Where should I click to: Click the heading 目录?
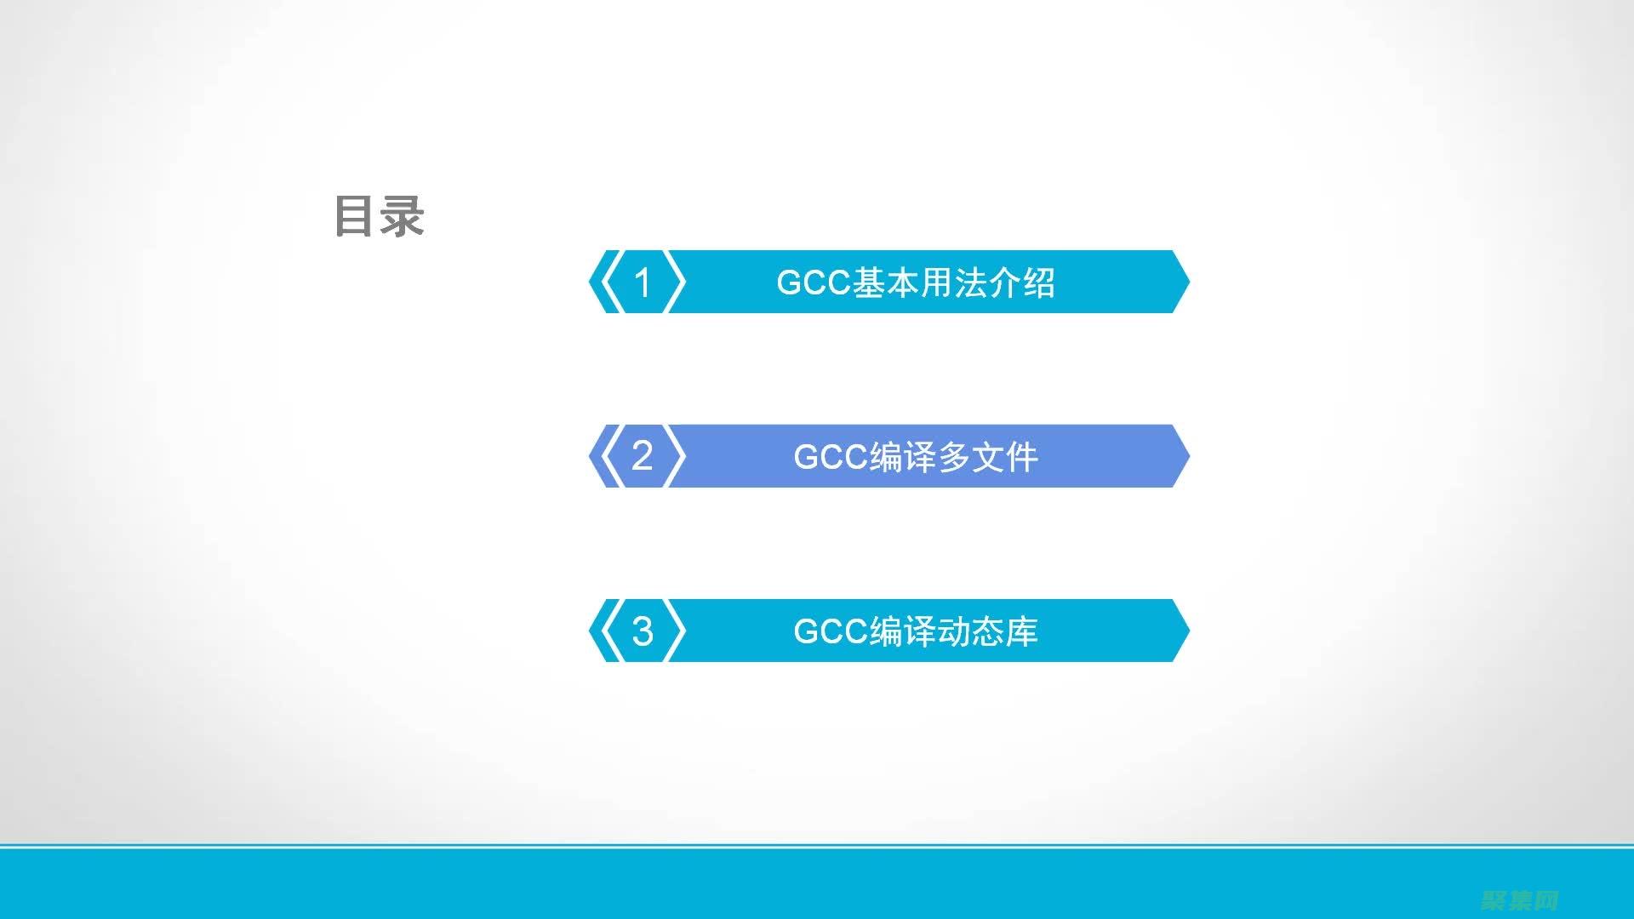[x=379, y=216]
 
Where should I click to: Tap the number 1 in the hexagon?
[x=643, y=283]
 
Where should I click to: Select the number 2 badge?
[x=643, y=456]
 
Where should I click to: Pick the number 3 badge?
[x=643, y=631]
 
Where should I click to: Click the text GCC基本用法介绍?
[x=916, y=283]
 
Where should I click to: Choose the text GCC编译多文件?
[x=916, y=457]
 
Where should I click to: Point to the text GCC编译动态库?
[x=916, y=631]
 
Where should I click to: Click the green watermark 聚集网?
[x=1519, y=900]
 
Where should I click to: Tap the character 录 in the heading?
[x=402, y=216]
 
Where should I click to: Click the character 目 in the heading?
[x=355, y=216]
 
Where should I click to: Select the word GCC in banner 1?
[x=814, y=283]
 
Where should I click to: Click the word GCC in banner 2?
[x=831, y=457]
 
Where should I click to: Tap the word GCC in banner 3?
[x=831, y=631]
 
